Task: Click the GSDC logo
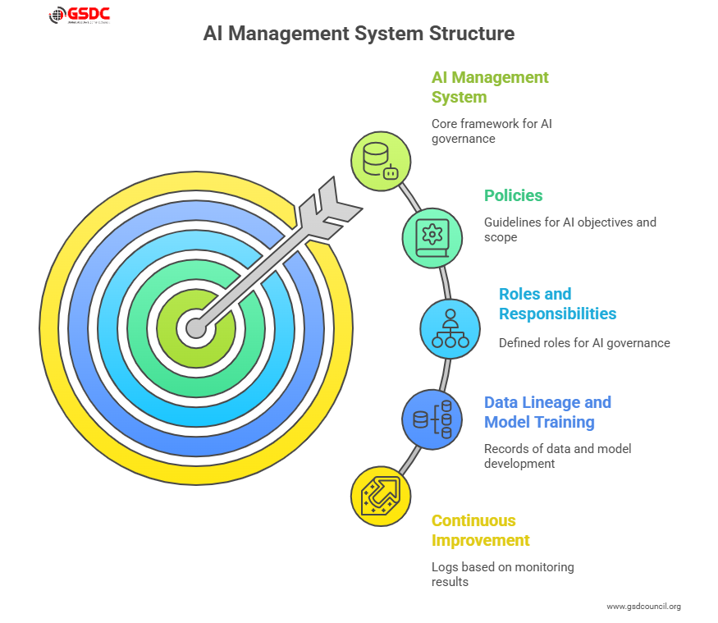point(80,15)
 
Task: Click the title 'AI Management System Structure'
point(359,34)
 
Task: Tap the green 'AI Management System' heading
point(490,87)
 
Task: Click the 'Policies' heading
point(513,195)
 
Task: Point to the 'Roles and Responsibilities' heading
point(557,304)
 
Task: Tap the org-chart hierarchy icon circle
point(450,328)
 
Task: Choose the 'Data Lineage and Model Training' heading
point(547,412)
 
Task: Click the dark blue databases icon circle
point(432,419)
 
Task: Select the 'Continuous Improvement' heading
point(481,530)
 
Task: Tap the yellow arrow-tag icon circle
point(381,496)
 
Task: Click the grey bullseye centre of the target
point(195,328)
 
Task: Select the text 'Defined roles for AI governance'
point(584,343)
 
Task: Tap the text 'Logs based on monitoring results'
point(502,575)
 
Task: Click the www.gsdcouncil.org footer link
point(643,607)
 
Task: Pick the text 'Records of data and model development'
point(557,456)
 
